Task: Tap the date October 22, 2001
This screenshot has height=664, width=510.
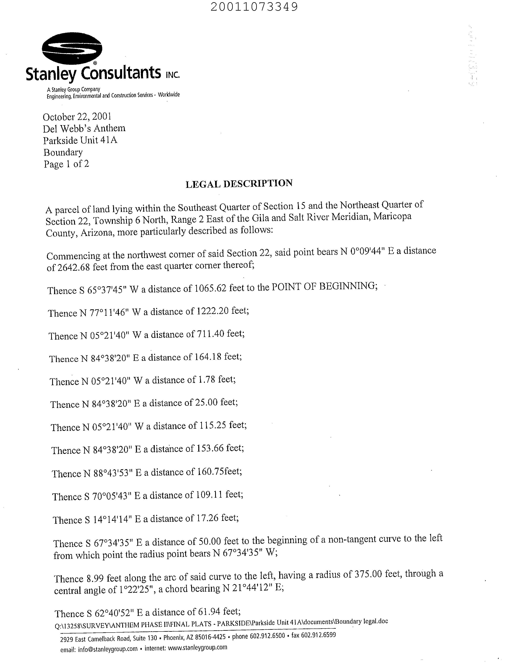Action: (x=77, y=117)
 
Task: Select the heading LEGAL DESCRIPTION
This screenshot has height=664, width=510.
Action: (x=239, y=184)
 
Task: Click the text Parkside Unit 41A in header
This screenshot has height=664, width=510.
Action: (x=80, y=140)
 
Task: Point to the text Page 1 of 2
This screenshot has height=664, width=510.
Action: (x=67, y=164)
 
